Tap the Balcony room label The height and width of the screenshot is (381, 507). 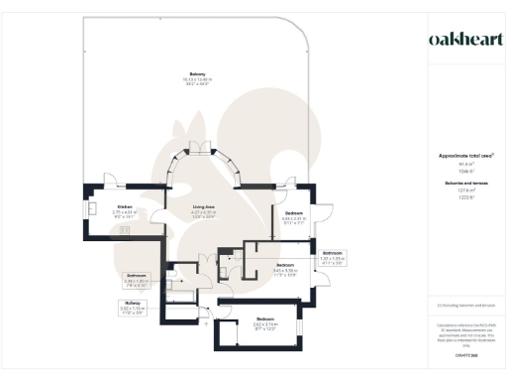click(198, 73)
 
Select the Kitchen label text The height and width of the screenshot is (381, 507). click(101, 206)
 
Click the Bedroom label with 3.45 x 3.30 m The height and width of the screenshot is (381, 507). click(285, 264)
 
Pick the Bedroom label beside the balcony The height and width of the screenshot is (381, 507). click(294, 213)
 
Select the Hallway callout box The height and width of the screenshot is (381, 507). click(133, 307)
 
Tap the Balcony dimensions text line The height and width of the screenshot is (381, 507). click(198, 79)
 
